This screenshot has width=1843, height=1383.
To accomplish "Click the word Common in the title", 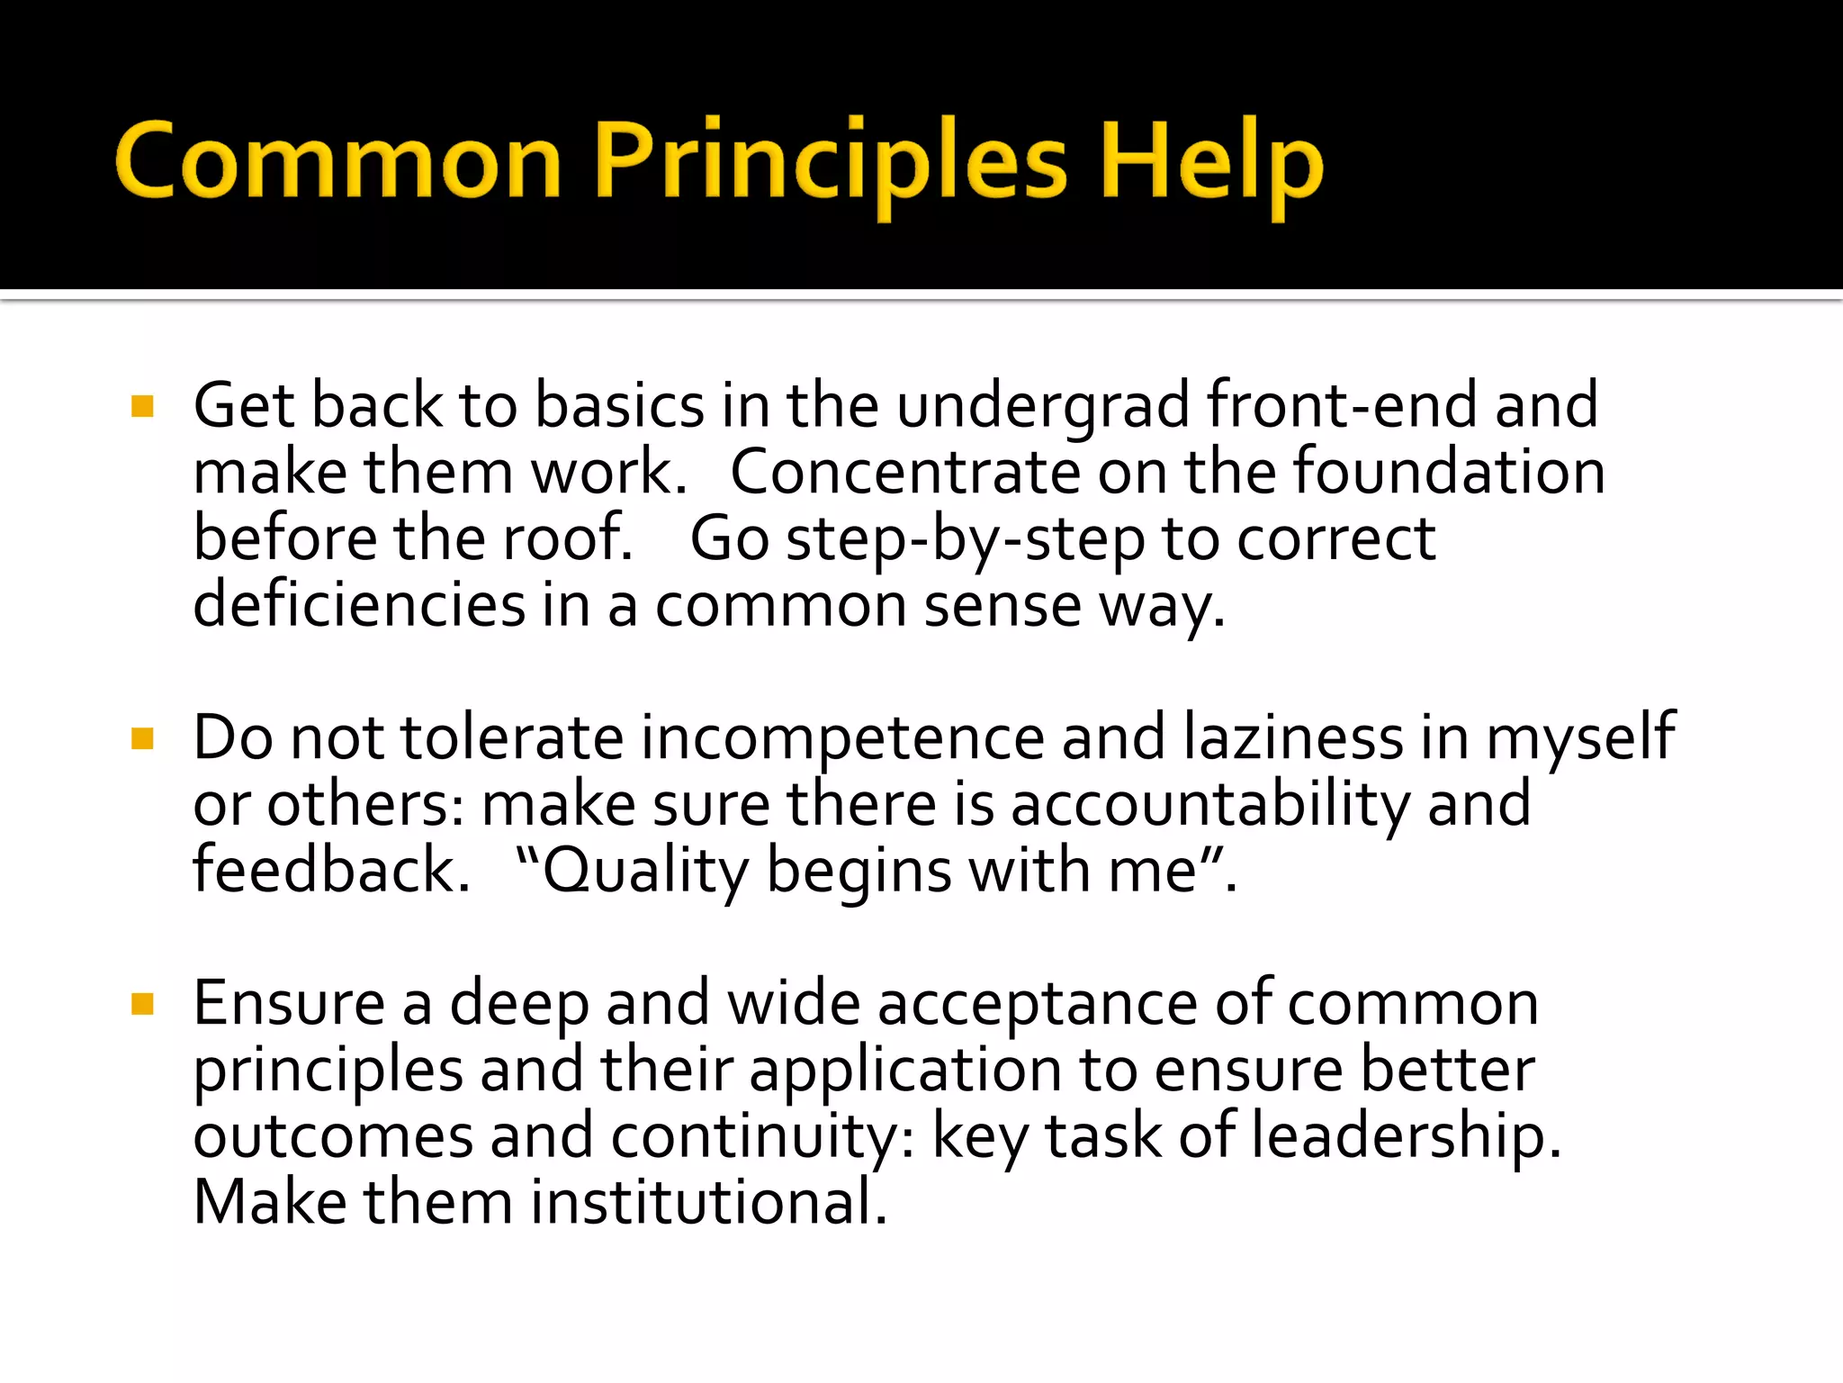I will point(338,162).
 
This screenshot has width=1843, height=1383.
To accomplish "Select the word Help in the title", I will point(1211,162).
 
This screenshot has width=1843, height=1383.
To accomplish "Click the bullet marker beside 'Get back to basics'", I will point(142,406).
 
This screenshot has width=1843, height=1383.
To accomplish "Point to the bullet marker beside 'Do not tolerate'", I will point(142,739).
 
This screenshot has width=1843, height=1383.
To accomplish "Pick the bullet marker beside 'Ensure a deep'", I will point(142,1004).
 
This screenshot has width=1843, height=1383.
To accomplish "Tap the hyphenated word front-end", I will point(1342,405).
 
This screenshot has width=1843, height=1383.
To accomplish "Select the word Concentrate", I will point(905,472).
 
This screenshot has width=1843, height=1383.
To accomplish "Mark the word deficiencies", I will point(359,604).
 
